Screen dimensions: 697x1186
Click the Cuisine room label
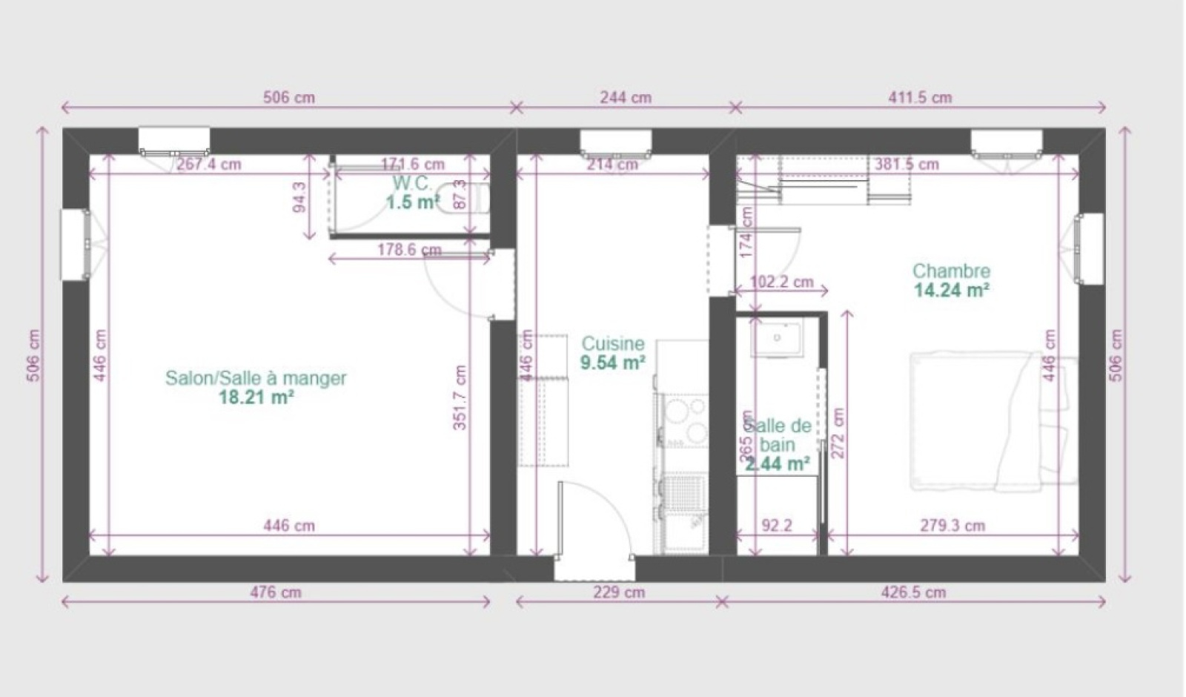[612, 344]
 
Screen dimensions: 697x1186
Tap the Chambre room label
[951, 271]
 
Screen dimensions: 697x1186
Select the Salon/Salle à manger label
[256, 378]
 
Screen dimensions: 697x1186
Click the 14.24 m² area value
[951, 290]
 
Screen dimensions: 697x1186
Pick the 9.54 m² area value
[612, 363]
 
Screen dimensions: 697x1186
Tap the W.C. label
[411, 183]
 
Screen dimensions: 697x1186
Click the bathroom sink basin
[777, 338]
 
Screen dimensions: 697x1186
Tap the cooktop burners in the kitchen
[685, 420]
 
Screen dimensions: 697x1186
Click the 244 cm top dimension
[626, 97]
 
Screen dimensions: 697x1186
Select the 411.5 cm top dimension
[920, 97]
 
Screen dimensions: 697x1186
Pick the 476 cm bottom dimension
[276, 592]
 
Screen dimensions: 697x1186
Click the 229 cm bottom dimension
[620, 592]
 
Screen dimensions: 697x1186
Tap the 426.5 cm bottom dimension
[914, 592]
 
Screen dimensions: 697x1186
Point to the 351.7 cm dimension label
[460, 398]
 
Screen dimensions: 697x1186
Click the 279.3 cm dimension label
[953, 526]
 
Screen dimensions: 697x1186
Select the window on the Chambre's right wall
[1089, 248]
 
